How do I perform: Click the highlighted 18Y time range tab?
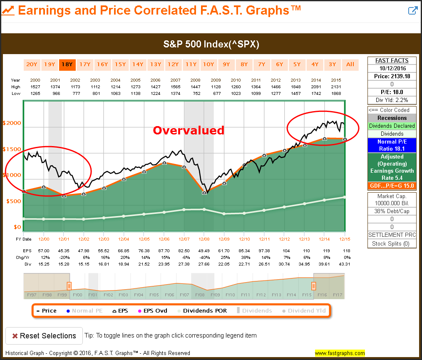(67, 64)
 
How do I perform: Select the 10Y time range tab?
(208, 64)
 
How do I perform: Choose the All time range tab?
(350, 64)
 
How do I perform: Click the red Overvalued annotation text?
(189, 130)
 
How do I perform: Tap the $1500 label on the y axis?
(12, 149)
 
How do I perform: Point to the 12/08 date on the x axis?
(204, 239)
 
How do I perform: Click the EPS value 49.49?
(204, 251)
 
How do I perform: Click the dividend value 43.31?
(344, 264)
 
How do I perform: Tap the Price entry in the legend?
(46, 310)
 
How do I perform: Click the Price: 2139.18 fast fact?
(392, 76)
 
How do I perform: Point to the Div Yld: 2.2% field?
(392, 100)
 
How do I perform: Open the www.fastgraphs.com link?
(340, 353)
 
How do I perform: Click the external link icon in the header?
(412, 11)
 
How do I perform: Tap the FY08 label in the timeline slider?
(199, 295)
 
